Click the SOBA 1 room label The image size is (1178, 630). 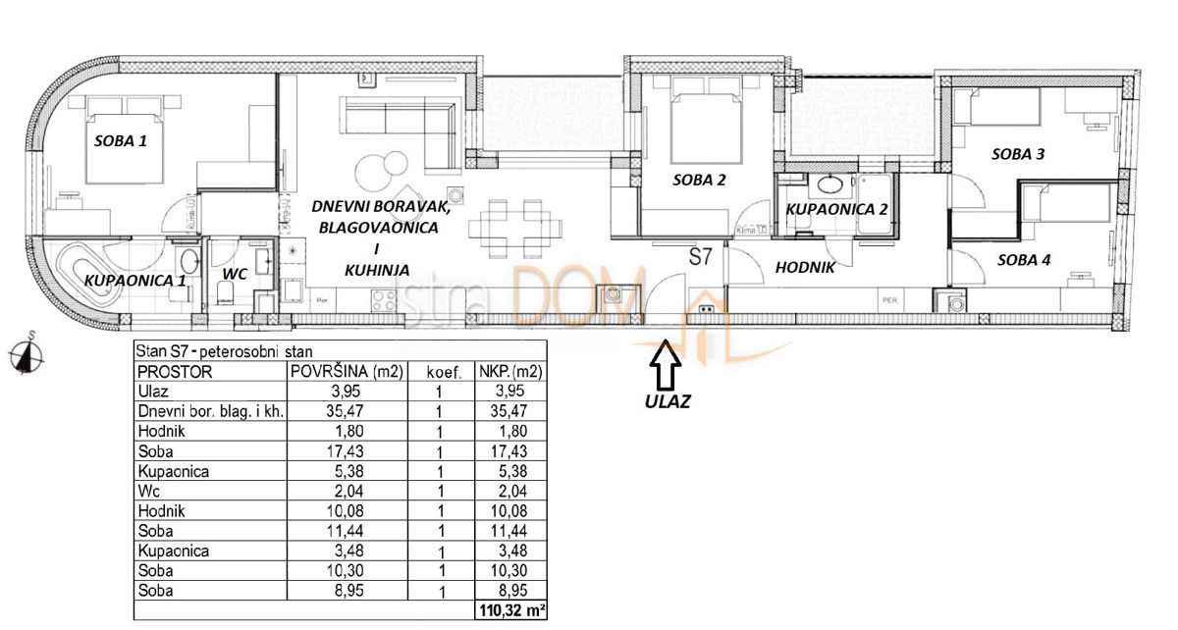[x=120, y=140]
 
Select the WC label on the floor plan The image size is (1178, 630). [x=234, y=274]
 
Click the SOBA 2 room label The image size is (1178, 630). [x=699, y=180]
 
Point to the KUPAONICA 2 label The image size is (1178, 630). [x=837, y=209]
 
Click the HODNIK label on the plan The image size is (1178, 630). [x=805, y=266]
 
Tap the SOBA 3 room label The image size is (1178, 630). [x=1018, y=153]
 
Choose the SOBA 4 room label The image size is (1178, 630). [x=1024, y=260]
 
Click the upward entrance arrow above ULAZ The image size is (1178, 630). [x=667, y=369]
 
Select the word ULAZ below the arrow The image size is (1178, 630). [x=667, y=401]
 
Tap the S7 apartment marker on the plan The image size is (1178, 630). [x=701, y=258]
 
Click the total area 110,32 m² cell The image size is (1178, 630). [x=510, y=610]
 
